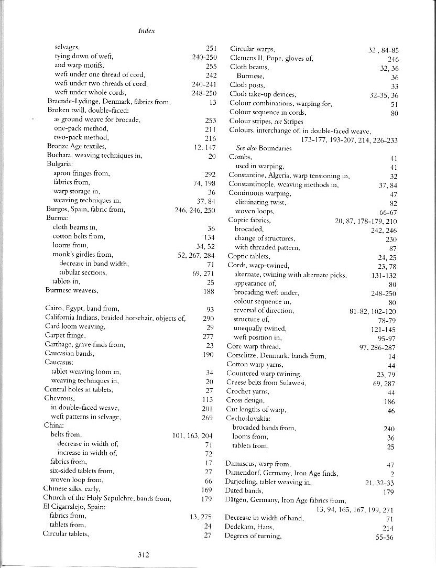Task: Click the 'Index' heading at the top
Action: click(147, 30)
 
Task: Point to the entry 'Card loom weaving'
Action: click(75, 326)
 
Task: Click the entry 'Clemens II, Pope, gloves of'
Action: click(271, 58)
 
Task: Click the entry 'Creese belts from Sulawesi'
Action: click(266, 383)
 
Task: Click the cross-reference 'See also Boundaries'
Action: click(264, 148)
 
